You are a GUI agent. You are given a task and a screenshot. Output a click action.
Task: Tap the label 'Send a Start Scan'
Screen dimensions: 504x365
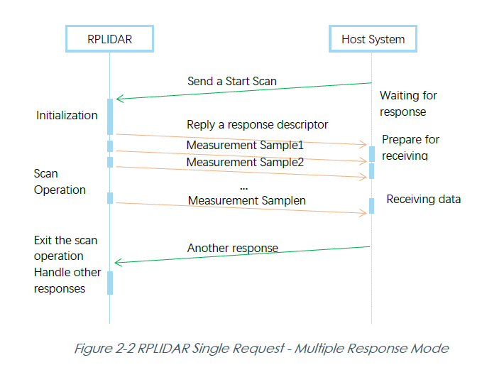[x=231, y=82]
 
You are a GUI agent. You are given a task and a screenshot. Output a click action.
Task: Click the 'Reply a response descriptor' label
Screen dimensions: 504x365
[x=257, y=125]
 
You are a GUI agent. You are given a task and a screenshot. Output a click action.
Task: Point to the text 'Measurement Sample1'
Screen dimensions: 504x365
[x=245, y=146]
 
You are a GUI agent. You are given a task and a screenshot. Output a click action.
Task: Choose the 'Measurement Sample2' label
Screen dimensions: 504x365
[x=245, y=162]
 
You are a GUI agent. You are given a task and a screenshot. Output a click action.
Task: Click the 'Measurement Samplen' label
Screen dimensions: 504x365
[x=246, y=201]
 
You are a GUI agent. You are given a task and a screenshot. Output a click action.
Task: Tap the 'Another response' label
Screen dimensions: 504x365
[x=233, y=249]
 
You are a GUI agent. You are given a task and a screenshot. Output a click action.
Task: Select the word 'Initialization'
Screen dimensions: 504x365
[x=67, y=116]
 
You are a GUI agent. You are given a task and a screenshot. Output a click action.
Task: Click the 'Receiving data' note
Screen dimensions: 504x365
[x=423, y=200]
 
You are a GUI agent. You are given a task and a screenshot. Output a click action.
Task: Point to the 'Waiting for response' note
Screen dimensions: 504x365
[x=408, y=104]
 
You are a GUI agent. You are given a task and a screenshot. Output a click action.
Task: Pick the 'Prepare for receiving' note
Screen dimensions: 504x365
[x=410, y=148]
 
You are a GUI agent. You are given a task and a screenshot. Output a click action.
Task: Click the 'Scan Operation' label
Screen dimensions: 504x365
[x=60, y=182]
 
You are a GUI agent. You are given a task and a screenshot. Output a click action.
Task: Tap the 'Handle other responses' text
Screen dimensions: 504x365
[x=67, y=280]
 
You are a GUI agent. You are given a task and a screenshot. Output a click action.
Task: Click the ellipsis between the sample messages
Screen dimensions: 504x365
[x=243, y=188]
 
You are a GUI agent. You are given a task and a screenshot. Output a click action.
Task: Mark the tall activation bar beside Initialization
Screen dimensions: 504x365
[x=110, y=116]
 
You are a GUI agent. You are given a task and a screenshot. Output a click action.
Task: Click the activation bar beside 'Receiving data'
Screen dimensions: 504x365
[x=371, y=206]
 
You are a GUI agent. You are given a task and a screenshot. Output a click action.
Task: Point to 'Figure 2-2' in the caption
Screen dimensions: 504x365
[x=104, y=349]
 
